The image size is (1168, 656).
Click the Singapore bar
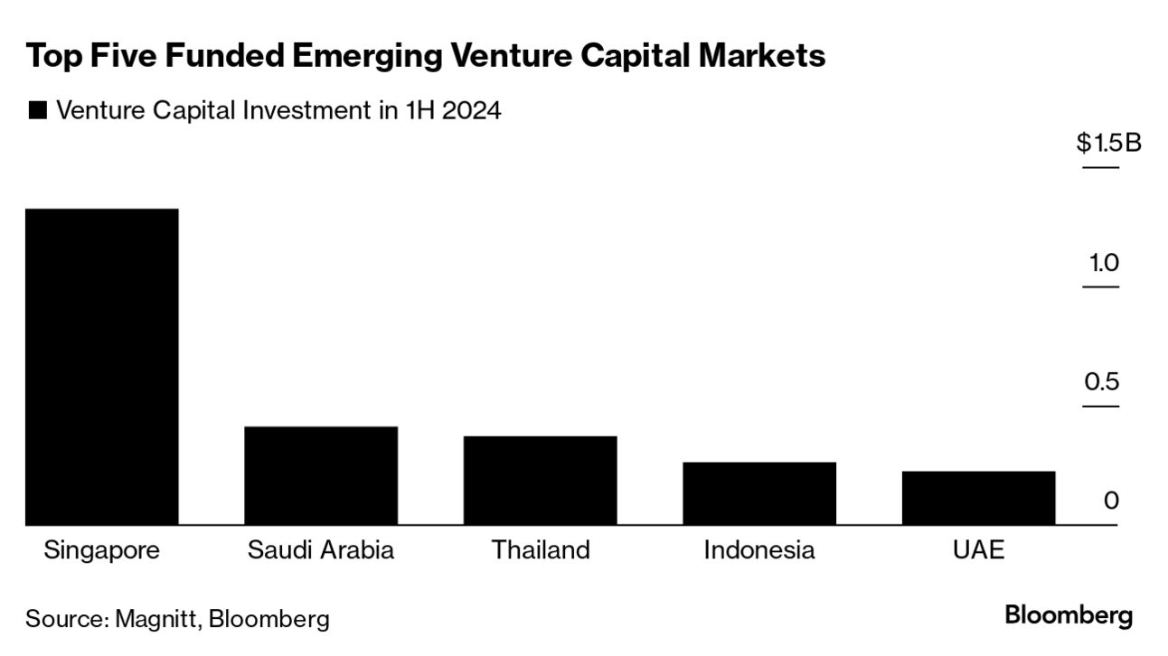[101, 366]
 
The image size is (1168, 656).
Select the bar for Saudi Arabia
[321, 475]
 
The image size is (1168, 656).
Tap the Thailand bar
[540, 480]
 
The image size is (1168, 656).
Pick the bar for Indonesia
[759, 493]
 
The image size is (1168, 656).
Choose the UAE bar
[978, 498]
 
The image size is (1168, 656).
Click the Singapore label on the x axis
[101, 550]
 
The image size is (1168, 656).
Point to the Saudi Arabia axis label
[321, 550]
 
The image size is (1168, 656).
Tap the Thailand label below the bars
[540, 550]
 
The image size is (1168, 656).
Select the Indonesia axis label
[759, 550]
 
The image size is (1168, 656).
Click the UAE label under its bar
[978, 550]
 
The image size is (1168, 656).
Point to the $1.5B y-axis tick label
[1108, 144]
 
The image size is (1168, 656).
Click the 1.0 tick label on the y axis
[1104, 263]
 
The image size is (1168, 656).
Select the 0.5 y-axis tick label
[1102, 381]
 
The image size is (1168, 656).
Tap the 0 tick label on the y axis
[1111, 501]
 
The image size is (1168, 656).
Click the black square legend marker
[37, 111]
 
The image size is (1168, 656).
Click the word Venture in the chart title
[503, 56]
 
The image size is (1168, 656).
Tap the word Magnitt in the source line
[159, 619]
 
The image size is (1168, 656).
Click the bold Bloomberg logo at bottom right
[1069, 616]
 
